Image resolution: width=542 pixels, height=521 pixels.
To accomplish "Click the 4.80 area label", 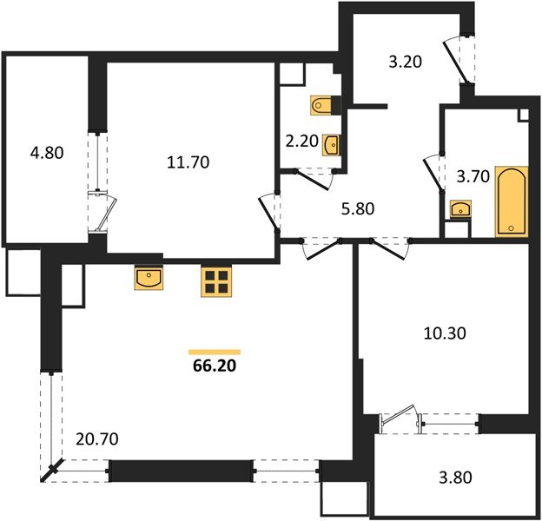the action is point(47,153).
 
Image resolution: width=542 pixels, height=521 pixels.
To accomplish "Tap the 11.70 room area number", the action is point(188,162).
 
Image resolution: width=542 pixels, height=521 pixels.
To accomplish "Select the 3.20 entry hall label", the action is point(406,63).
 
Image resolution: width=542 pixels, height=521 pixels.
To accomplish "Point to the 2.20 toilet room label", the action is point(302,142).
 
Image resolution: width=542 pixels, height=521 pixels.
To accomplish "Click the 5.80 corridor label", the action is point(358,209).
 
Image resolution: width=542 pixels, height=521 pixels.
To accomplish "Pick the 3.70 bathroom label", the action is point(473,177).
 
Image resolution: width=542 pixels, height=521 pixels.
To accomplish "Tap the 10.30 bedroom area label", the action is point(445,333).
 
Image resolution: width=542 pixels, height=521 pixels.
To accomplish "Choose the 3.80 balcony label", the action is point(455,478).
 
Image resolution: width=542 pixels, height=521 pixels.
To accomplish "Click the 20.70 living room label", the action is point(96,439).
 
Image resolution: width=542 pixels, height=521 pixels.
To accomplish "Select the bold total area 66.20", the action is point(215,366).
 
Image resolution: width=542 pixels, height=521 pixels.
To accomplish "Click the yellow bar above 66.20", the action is point(215,352).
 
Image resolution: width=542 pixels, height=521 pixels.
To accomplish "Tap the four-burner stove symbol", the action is point(216,282).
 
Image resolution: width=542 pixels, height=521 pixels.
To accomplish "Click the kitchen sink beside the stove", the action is point(149,278).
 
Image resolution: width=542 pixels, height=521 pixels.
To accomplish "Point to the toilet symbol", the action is point(321,105).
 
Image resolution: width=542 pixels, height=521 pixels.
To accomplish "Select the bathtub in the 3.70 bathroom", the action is point(512,202).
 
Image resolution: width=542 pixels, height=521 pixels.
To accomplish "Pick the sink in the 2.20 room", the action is point(332,145).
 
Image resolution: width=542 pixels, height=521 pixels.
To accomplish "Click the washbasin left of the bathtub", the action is point(460,209).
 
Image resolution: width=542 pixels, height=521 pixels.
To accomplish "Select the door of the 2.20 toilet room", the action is point(314,180).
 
